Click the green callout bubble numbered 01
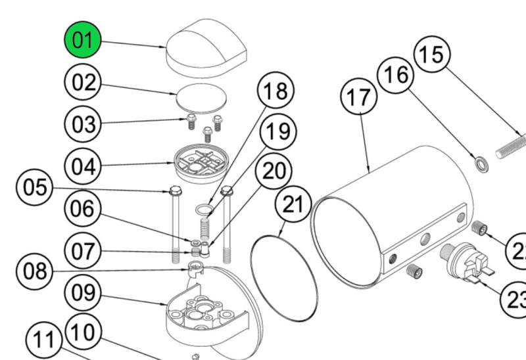click(83, 41)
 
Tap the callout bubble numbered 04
click(84, 167)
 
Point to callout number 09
click(84, 294)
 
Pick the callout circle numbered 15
click(431, 54)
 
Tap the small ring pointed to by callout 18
click(204, 210)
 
